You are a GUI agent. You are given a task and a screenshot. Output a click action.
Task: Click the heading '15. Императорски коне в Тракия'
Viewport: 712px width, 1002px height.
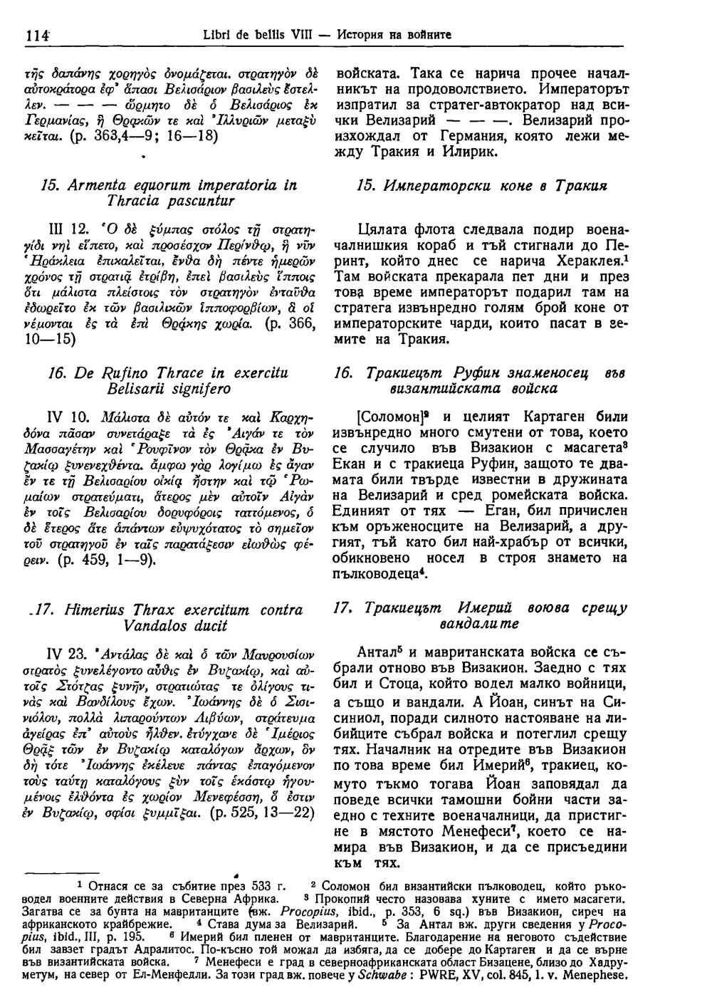point(479,185)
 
